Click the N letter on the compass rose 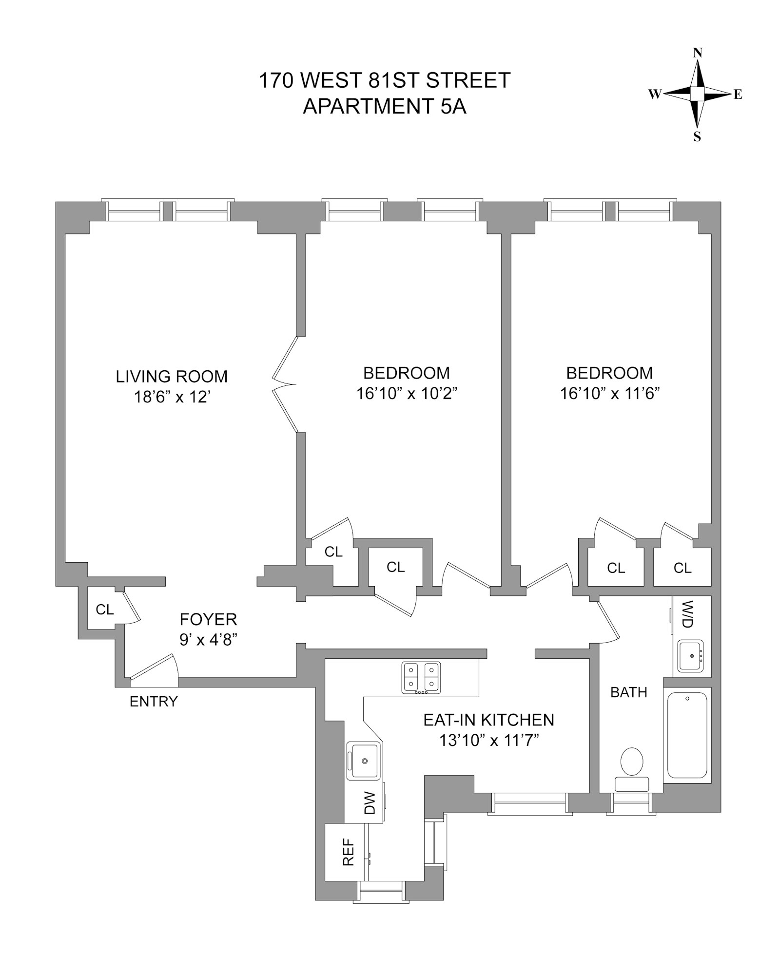tap(698, 53)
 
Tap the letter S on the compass tap(697, 137)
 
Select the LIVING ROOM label tap(172, 377)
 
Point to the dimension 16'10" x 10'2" tap(406, 393)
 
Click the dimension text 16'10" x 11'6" tap(609, 393)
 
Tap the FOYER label tap(208, 619)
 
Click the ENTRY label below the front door tap(154, 702)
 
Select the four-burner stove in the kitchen tap(421, 677)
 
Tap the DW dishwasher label tap(370, 803)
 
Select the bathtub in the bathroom tap(687, 735)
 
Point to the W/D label tap(687, 614)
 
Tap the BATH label tap(629, 692)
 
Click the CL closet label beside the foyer tap(104, 610)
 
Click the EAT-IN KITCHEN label tap(488, 720)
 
